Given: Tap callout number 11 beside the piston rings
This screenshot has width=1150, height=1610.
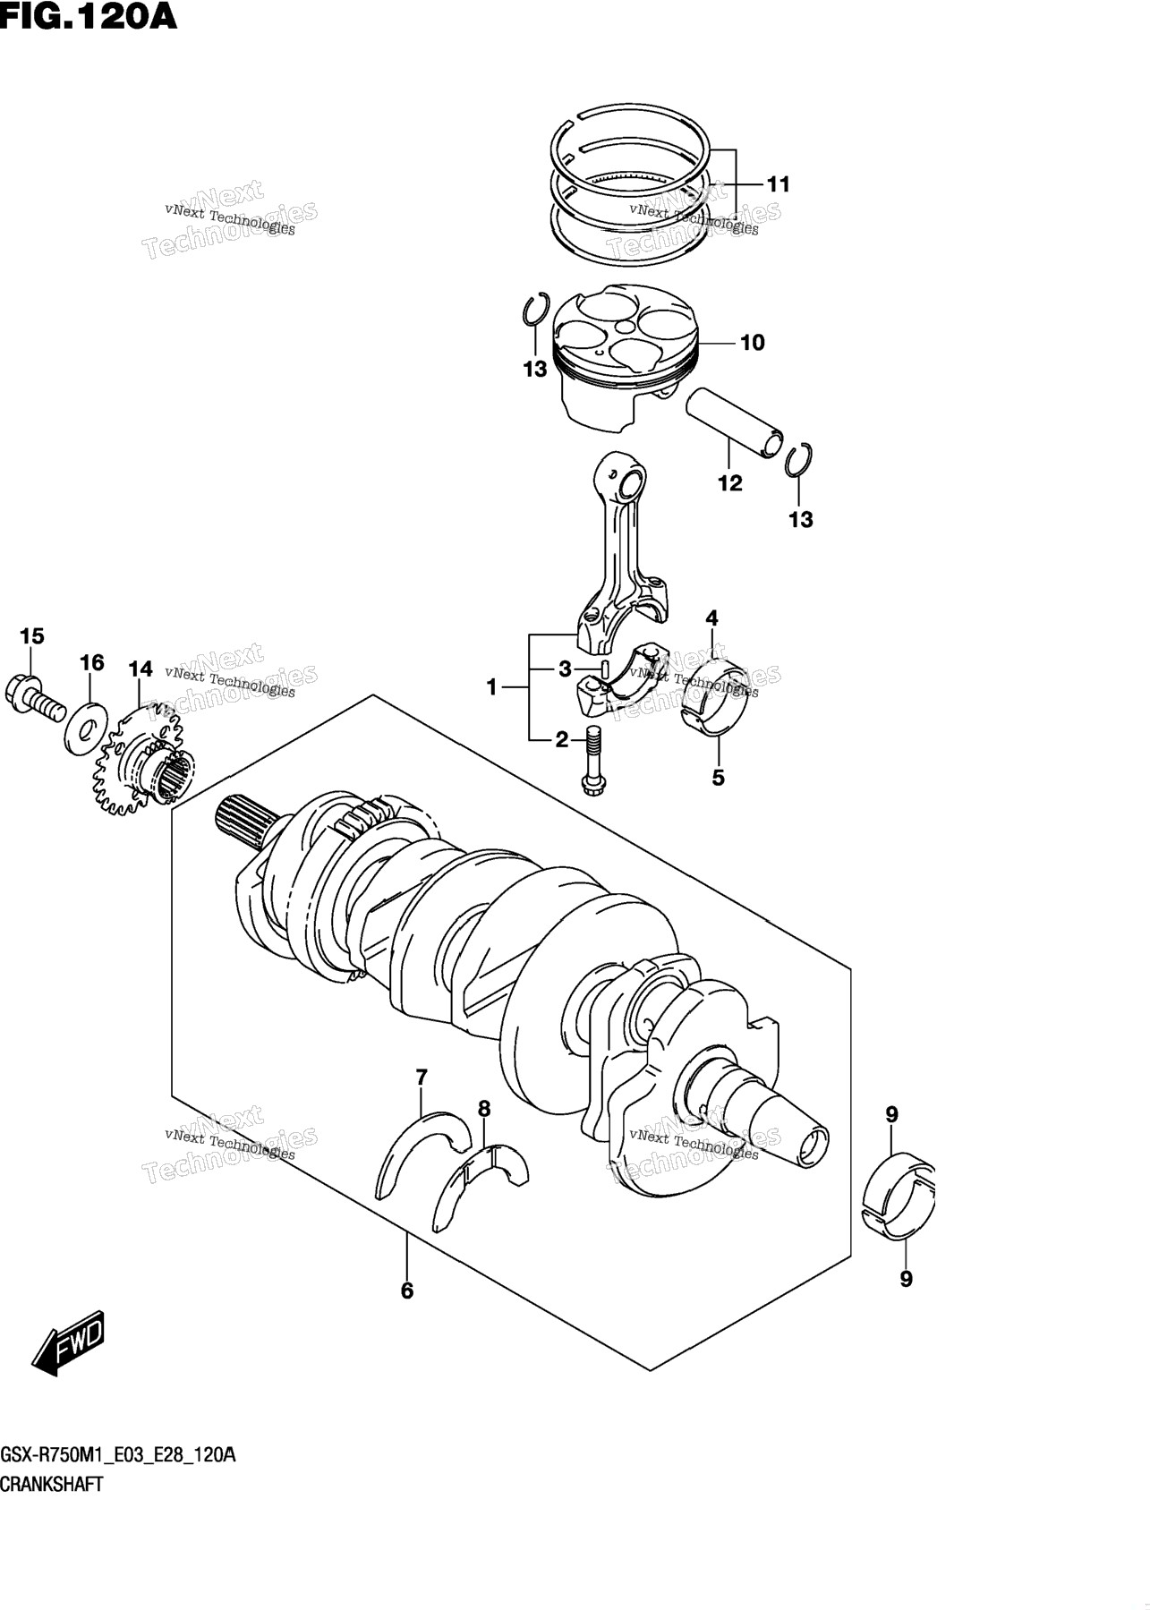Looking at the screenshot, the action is click(779, 184).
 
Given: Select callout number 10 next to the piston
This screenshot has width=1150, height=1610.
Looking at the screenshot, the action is click(753, 342).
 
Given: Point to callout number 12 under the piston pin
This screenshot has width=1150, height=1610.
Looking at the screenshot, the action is click(730, 483).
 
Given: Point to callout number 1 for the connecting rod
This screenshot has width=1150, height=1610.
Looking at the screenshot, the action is click(491, 687).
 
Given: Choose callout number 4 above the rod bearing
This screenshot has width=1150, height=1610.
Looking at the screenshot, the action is click(711, 618).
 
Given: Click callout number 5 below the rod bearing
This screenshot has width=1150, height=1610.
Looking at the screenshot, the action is click(718, 778).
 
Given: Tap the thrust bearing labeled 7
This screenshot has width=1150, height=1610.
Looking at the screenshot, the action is click(422, 1154).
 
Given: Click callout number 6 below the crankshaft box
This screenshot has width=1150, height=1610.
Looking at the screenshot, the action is click(407, 1291).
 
